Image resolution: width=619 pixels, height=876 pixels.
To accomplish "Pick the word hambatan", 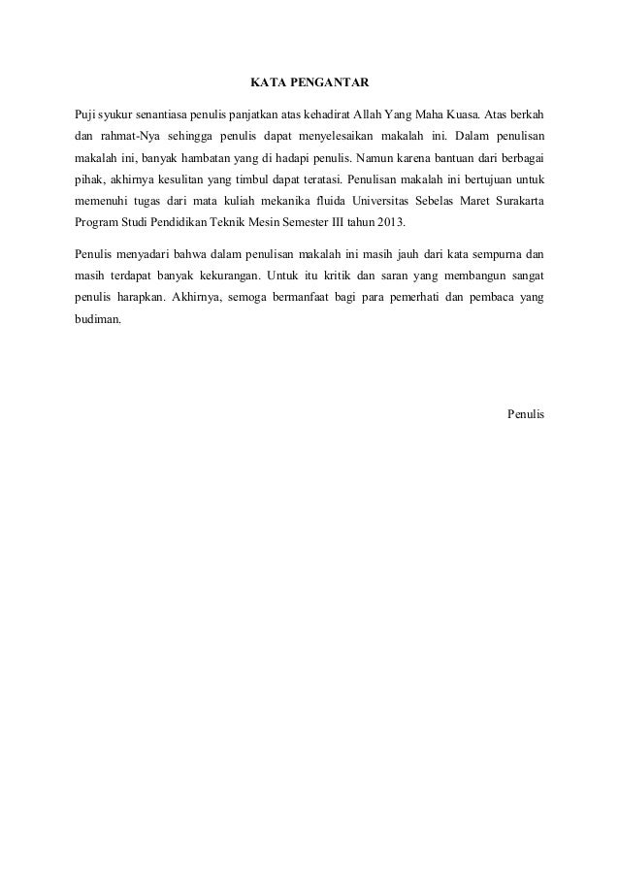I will coord(202,156).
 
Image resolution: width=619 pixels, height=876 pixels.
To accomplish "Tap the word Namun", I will coord(375,156).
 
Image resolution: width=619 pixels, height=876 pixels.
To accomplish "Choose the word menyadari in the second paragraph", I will coord(142,256).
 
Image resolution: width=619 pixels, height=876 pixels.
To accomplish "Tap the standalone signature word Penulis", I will coord(526,415).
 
